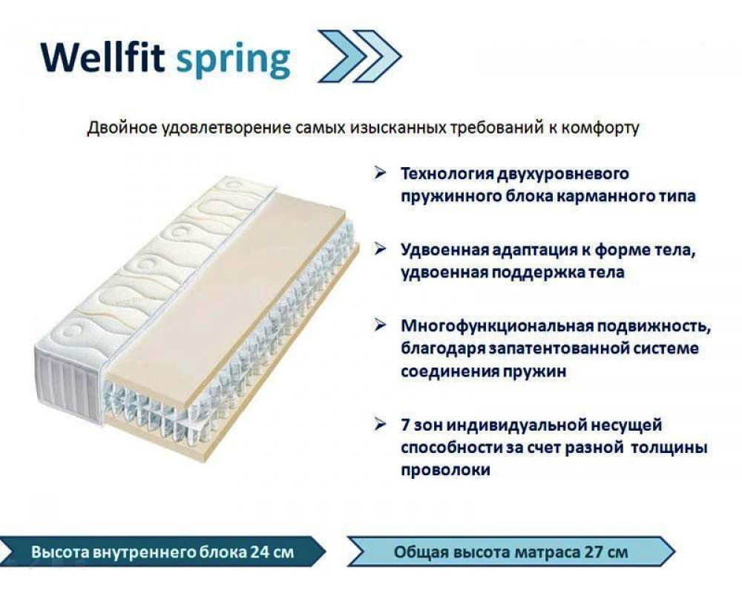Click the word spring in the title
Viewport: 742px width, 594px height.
click(233, 62)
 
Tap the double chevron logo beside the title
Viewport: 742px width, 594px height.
click(360, 56)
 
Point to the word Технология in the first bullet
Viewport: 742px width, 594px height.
click(447, 174)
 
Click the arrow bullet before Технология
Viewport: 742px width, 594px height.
click(380, 173)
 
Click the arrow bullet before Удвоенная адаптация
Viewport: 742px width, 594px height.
click(380, 249)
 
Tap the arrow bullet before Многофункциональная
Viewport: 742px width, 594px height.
click(380, 325)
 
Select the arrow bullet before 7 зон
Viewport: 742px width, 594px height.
click(380, 425)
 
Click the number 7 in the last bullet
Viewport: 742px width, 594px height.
click(405, 425)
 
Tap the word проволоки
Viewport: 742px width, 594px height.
click(445, 470)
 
